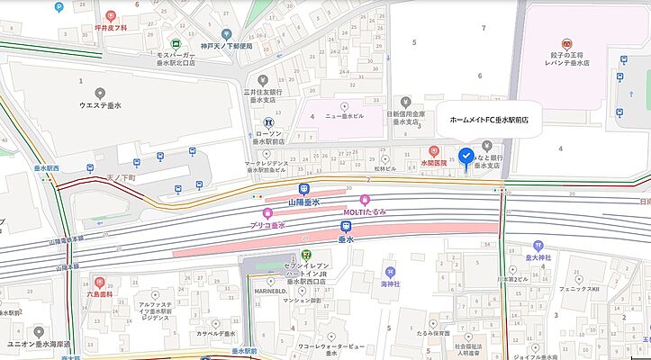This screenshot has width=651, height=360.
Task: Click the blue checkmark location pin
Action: [465, 156]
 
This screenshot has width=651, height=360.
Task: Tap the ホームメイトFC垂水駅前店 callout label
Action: [488, 119]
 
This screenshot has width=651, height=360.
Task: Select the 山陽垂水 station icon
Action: [303, 191]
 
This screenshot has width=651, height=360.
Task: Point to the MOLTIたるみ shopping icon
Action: [365, 200]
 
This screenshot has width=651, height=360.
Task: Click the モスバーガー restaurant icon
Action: [177, 43]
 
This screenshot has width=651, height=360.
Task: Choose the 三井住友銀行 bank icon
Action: [263, 78]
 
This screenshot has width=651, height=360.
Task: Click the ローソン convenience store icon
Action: [267, 122]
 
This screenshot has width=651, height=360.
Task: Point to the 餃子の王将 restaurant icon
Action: [566, 43]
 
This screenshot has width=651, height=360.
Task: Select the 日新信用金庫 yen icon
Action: [407, 101]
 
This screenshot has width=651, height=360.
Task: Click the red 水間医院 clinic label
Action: [435, 164]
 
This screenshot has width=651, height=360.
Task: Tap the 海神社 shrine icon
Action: [389, 270]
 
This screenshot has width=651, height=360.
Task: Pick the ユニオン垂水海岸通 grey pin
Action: [38, 332]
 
